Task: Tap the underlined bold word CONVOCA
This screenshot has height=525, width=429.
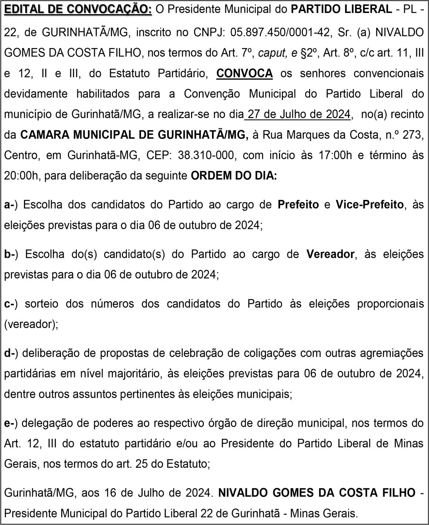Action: pyautogui.click(x=245, y=73)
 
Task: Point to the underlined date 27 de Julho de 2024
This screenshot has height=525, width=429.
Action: pyautogui.click(x=299, y=114)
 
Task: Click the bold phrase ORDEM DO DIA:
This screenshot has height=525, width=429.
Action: pyautogui.click(x=234, y=176)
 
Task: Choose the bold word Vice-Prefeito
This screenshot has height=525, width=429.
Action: pyautogui.click(x=370, y=204)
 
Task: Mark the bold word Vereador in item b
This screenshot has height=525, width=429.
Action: pyautogui.click(x=330, y=254)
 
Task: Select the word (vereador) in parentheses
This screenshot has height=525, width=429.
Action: pyautogui.click(x=31, y=324)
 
